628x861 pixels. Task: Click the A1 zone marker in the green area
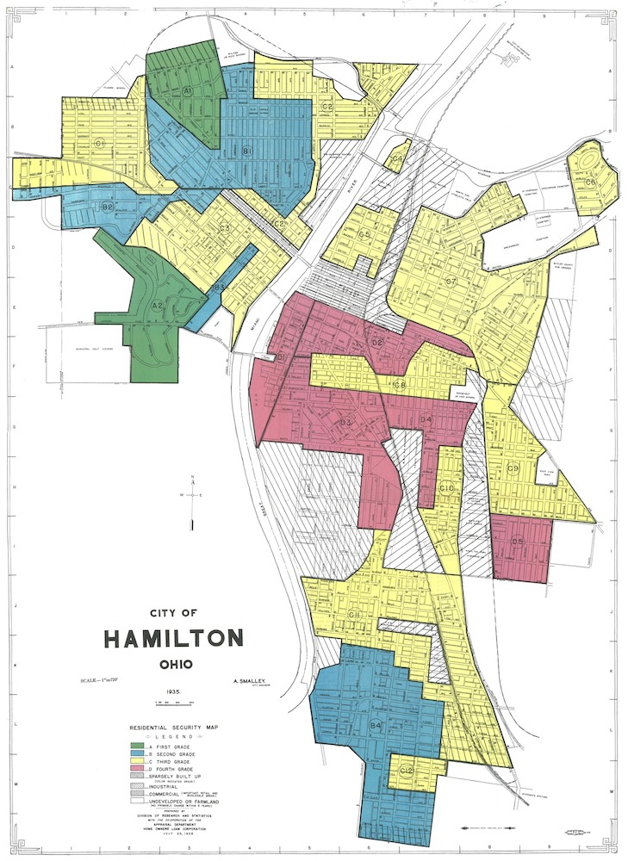coord(187,90)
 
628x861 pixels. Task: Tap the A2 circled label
coord(158,306)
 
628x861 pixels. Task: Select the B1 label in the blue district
coord(246,152)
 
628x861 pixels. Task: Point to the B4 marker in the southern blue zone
coord(376,727)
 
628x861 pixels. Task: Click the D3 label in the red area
coord(345,423)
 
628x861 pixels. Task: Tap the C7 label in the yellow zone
coord(450,282)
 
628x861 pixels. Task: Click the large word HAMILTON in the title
coord(173,639)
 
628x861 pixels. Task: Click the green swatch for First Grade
coord(137,745)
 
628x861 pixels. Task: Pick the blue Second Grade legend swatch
coord(137,753)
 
